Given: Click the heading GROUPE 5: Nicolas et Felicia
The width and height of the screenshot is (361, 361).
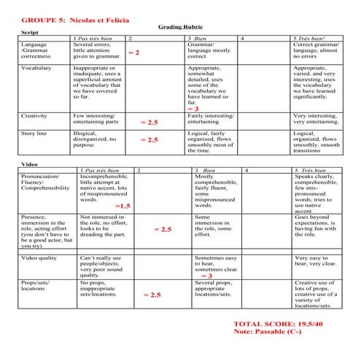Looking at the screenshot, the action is [69, 16].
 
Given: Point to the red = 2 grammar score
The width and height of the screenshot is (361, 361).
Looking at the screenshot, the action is [133, 53].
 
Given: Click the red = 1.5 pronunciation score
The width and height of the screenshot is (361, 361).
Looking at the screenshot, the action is [120, 206].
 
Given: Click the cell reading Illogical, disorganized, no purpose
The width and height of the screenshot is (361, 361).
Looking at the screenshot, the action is [98, 139].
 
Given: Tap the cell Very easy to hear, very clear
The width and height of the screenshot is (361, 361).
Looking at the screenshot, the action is [315, 260].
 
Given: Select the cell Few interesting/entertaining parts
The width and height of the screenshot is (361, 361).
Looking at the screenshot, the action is [98, 119].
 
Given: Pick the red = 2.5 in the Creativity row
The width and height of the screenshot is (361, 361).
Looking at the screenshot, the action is [149, 123].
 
